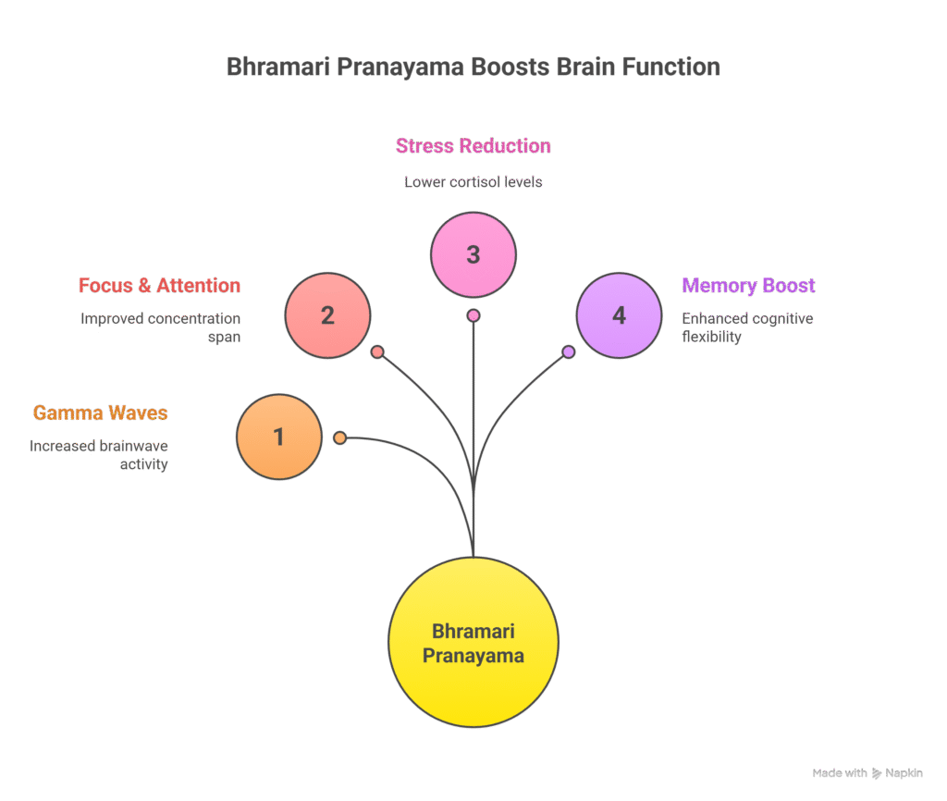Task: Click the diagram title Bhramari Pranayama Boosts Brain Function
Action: coord(473,68)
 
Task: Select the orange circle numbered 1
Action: coord(279,437)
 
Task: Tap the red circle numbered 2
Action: coord(327,315)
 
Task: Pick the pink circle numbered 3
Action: coord(473,254)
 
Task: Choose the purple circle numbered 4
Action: coord(619,315)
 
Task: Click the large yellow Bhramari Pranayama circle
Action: coord(473,643)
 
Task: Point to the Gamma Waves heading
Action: coord(101,413)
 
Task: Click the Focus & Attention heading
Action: coord(160,285)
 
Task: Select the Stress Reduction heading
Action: coord(473,146)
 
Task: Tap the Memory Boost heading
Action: coord(748,285)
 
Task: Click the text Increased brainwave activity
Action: coord(100,455)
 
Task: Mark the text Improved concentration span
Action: coord(161,327)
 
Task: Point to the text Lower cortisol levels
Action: coord(473,182)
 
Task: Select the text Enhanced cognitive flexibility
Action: coord(747,327)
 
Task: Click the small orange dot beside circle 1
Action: coord(340,437)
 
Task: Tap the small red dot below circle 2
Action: coord(377,351)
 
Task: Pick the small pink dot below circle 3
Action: coord(473,315)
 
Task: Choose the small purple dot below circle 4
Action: coord(569,351)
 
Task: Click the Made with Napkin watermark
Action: coord(867,773)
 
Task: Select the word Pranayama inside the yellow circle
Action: coord(473,657)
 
